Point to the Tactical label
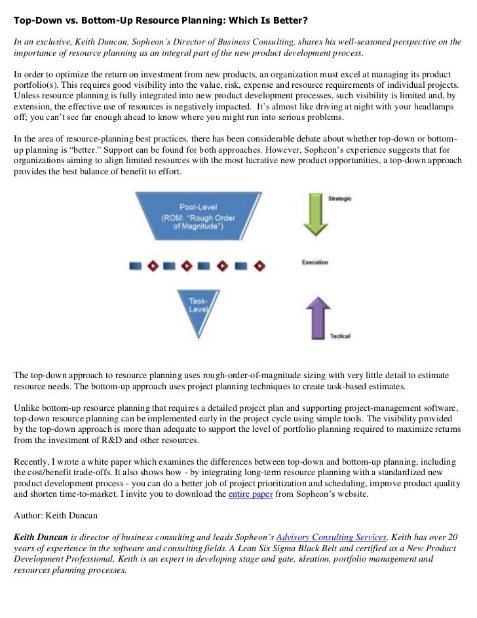point(340,336)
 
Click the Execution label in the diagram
point(315,263)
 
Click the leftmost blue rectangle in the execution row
point(136,266)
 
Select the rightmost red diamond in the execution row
point(260,266)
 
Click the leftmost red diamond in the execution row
point(153,266)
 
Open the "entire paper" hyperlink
point(250,494)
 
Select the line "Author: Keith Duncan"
point(55,515)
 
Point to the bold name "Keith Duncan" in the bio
point(41,536)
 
